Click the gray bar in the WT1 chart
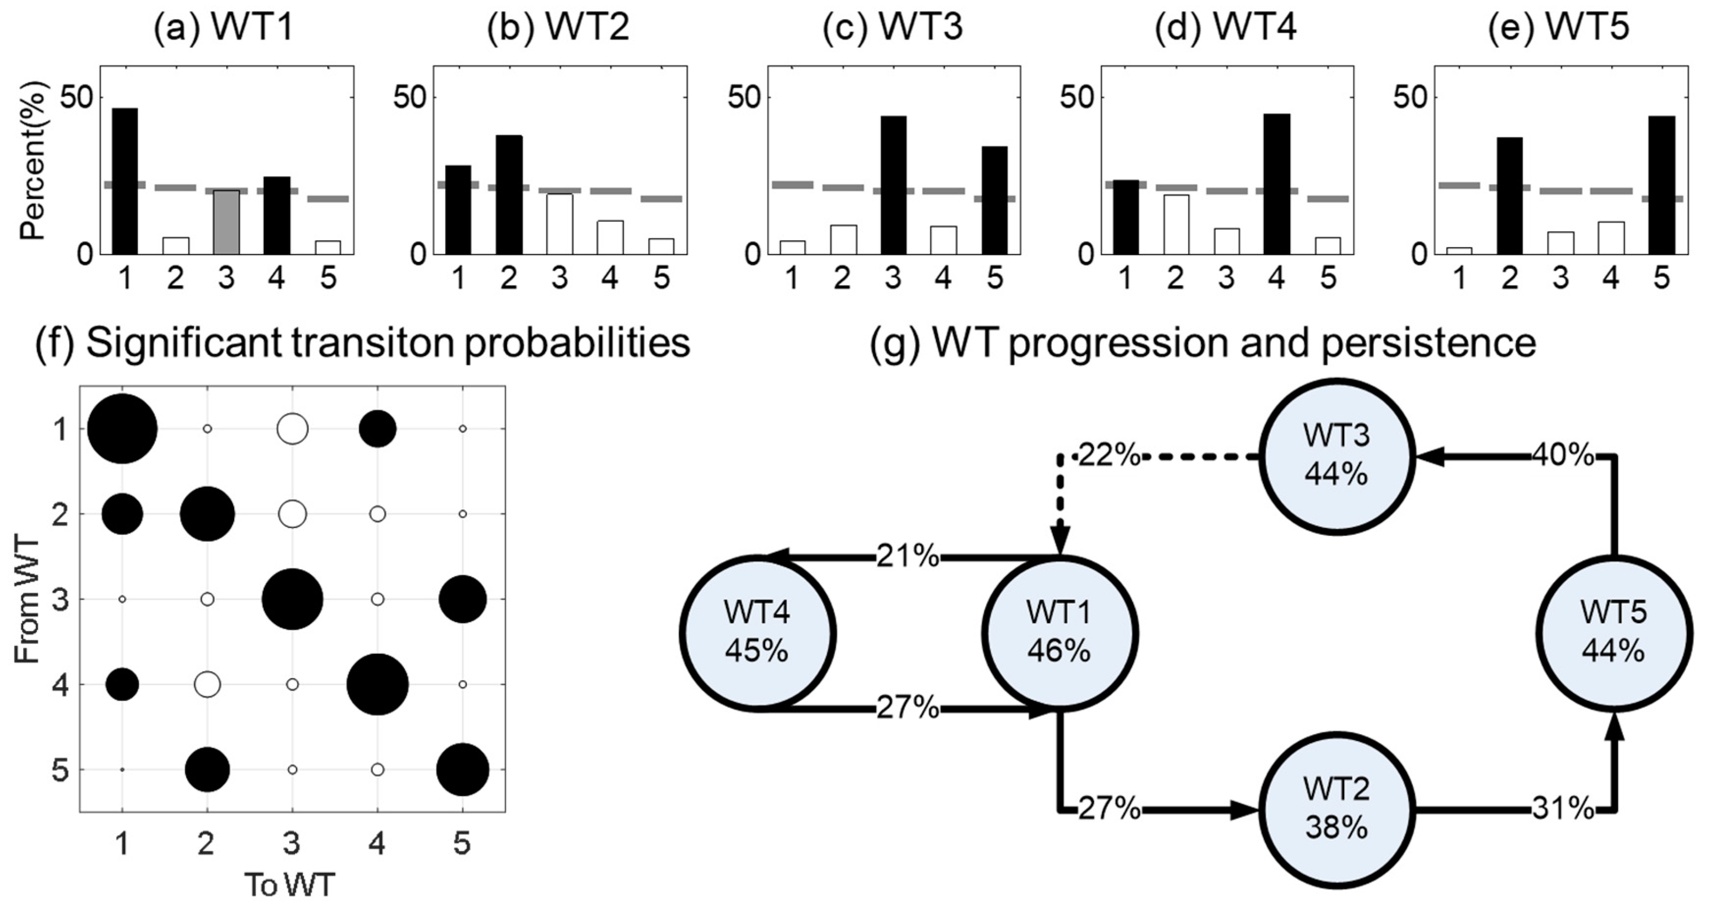coord(226,222)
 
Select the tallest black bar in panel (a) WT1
coord(125,181)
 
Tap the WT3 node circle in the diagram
coord(1336,457)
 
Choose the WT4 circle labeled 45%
coord(758,633)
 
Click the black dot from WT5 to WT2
coord(207,770)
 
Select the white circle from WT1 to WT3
coord(292,429)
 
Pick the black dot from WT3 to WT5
coord(463,599)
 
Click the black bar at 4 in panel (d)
coord(1276,184)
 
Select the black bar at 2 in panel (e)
coord(1509,196)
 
